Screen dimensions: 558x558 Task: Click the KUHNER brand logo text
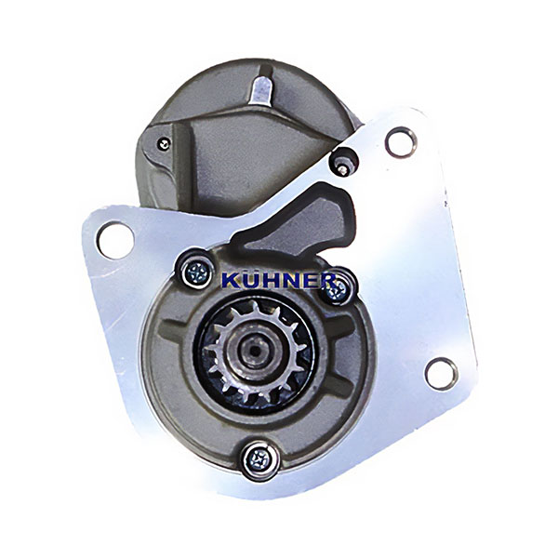279,280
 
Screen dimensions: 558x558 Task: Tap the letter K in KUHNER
231,281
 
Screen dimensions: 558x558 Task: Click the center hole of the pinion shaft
255,351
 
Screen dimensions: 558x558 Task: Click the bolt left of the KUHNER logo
196,273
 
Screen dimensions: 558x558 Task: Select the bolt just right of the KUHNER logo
336,290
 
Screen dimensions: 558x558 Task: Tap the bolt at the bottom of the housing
259,461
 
